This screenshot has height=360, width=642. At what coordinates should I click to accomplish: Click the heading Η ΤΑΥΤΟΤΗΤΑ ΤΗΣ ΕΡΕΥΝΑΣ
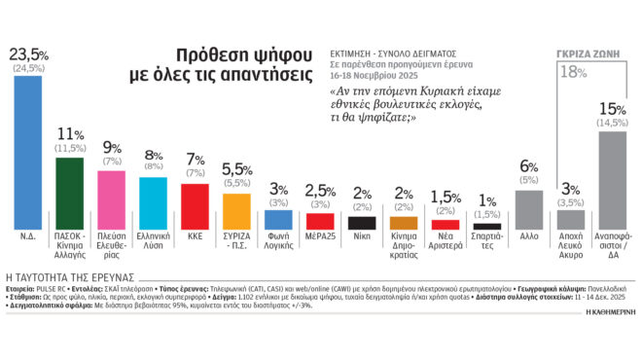(x=63, y=277)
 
